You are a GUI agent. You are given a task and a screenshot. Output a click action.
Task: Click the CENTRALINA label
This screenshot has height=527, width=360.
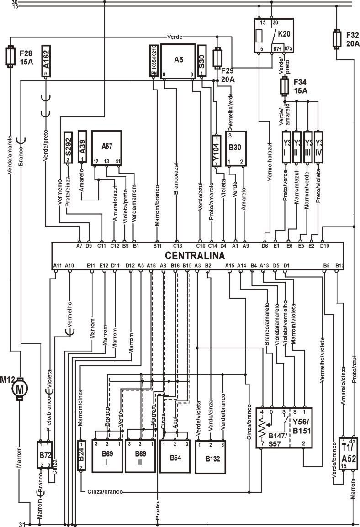tap(195, 256)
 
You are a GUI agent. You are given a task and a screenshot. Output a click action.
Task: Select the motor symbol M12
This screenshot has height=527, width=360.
tap(20, 389)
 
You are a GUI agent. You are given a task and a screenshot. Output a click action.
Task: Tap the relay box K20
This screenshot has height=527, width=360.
tap(273, 36)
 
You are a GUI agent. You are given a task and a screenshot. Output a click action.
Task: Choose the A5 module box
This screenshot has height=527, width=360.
tap(178, 61)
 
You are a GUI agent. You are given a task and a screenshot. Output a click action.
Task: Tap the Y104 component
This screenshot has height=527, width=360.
tap(216, 150)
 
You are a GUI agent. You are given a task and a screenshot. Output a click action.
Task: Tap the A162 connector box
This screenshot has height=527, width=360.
tap(46, 62)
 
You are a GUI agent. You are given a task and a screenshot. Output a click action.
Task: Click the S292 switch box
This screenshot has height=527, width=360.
tap(68, 148)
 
